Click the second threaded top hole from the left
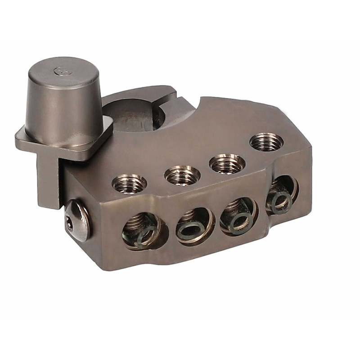coord(183,174)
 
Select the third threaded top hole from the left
coord(228,162)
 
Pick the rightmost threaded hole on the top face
coord(266,142)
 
